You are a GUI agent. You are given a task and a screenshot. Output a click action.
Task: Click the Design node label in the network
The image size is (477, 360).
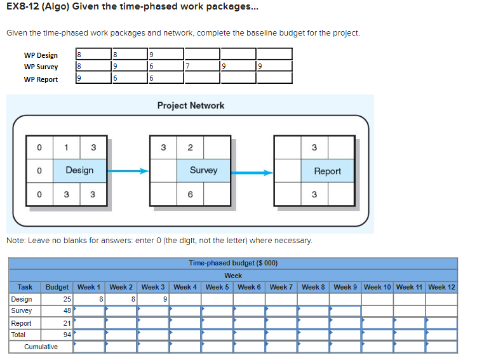79,170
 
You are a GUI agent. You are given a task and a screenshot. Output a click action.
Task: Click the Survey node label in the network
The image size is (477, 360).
203,170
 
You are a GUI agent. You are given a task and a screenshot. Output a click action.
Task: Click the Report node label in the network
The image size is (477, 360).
327,171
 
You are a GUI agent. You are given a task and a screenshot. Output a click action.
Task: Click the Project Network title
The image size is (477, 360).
191,105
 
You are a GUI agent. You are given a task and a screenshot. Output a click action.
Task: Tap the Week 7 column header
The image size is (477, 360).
281,287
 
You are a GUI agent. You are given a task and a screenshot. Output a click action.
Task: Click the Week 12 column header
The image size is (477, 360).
441,287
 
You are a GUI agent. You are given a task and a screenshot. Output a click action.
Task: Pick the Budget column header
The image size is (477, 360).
58,287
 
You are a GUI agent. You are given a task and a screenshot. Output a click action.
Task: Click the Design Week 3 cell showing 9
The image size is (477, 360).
153,299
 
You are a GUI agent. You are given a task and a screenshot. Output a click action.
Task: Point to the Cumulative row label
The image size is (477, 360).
41,347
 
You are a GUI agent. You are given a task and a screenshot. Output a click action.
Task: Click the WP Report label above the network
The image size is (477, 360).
41,79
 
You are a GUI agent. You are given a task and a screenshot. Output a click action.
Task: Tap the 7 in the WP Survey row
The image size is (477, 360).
188,67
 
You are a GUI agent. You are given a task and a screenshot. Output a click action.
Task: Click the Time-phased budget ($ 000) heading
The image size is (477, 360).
233,263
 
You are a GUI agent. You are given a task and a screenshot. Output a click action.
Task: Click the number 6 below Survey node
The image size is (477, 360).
190,194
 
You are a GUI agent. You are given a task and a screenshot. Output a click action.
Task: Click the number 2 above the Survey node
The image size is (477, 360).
190,147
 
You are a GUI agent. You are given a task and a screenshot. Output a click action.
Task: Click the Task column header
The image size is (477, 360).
25,287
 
